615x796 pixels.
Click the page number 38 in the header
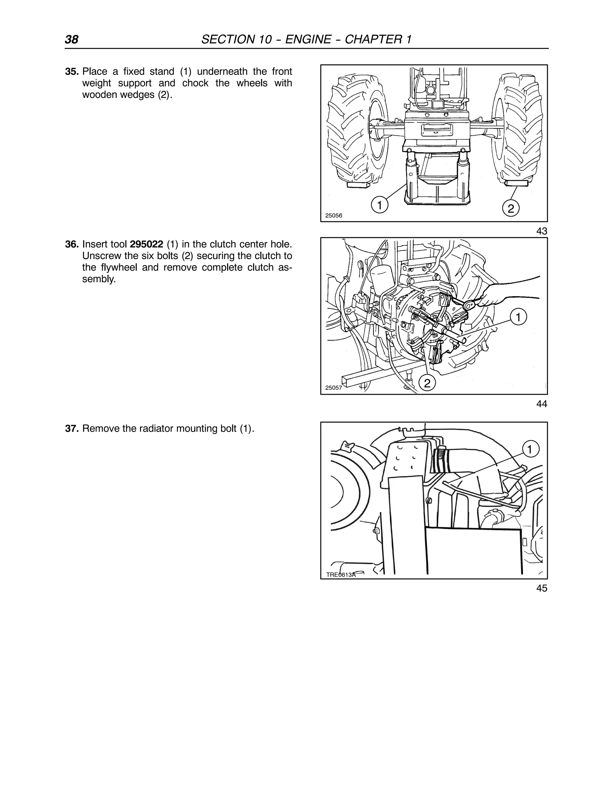[x=72, y=39]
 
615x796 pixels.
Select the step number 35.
[x=72, y=71]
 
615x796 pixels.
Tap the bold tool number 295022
[x=147, y=244]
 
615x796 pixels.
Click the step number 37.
[x=72, y=429]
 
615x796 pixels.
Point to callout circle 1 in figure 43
[x=379, y=205]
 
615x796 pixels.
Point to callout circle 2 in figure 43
[x=510, y=208]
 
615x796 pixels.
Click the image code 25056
[x=334, y=215]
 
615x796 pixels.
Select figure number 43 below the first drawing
[x=541, y=231]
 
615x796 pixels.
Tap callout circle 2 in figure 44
[x=427, y=383]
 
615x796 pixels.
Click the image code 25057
[x=333, y=388]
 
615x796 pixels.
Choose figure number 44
[x=541, y=404]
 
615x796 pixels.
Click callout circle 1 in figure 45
[x=530, y=449]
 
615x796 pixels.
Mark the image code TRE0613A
[x=341, y=575]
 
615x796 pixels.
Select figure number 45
[x=541, y=588]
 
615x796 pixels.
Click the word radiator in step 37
[x=156, y=429]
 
